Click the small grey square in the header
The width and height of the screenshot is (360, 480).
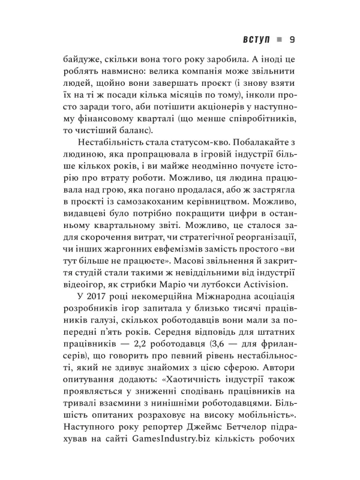point(278,41)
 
